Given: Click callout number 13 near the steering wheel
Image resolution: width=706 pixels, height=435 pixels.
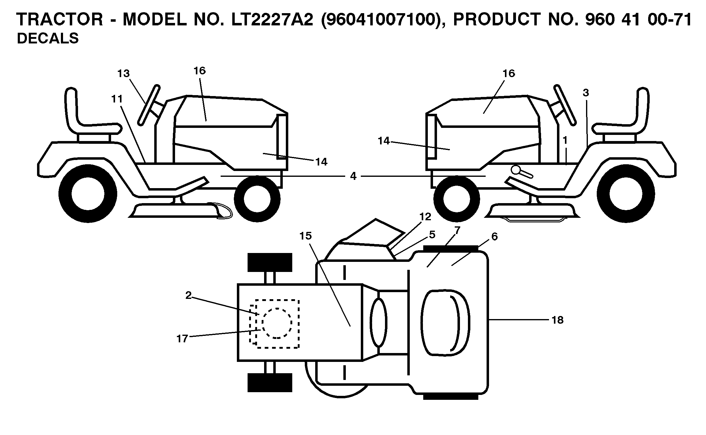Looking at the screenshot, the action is [x=123, y=74].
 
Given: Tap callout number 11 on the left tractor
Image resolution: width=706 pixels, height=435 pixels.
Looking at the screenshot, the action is [x=117, y=99].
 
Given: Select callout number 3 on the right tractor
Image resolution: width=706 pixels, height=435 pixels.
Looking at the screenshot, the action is [x=586, y=93].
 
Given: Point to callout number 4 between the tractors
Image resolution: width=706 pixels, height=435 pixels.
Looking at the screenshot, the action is [x=353, y=176].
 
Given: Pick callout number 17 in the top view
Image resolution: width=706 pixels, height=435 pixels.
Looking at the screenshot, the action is [x=182, y=339].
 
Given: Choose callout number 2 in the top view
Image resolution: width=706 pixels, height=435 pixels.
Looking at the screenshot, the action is [x=188, y=295].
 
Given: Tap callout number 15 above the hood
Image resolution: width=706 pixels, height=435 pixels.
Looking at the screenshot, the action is [x=306, y=236].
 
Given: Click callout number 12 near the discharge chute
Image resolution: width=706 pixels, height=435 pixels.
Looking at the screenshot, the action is [x=425, y=217].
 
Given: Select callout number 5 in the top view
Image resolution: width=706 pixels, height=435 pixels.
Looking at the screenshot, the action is [x=432, y=235].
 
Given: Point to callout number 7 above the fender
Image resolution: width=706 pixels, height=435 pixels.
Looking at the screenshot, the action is [x=457, y=230].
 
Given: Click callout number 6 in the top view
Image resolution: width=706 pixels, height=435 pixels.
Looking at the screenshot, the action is [x=495, y=237].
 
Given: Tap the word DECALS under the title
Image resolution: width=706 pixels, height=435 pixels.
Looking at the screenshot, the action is [x=48, y=39].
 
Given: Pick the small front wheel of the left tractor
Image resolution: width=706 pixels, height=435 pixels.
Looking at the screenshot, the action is [x=257, y=199].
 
